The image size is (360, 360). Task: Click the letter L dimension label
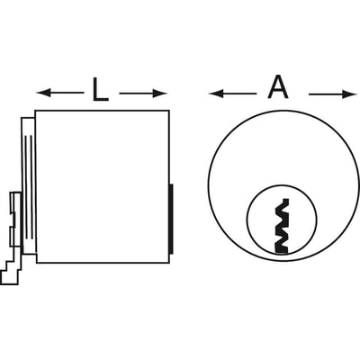[100, 89]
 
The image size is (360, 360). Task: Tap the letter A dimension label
[278, 89]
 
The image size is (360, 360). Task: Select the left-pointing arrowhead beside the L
[42, 93]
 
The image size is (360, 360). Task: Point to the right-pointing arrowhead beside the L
[160, 94]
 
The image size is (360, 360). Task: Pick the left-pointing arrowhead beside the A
[216, 94]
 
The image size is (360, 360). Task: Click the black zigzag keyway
[282, 226]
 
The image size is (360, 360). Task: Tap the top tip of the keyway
[286, 199]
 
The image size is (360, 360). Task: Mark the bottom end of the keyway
[282, 251]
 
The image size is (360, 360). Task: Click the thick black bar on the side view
[171, 219]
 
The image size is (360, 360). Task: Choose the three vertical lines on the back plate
[29, 188]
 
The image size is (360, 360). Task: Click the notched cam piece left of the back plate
[15, 220]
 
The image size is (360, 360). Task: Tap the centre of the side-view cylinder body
[103, 186]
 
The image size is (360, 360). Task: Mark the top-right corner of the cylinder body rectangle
[169, 111]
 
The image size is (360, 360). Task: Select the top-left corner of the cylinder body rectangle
[35, 111]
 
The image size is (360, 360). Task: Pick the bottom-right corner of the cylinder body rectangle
[169, 263]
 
